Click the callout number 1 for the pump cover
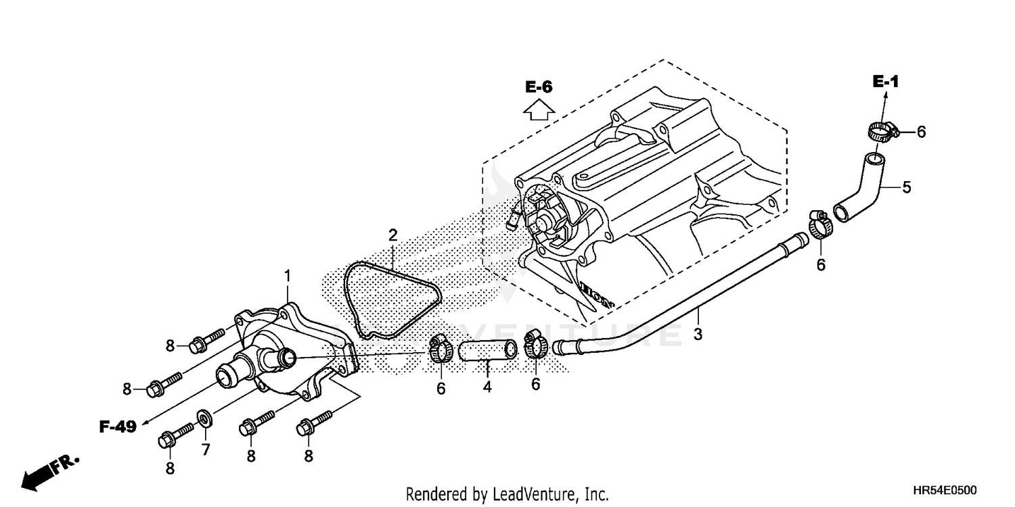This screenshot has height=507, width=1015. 288,276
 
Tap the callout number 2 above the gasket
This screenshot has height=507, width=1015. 392,236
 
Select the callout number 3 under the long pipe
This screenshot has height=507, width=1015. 698,334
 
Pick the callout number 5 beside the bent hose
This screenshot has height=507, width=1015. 906,187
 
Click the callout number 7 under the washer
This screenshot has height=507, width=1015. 206,449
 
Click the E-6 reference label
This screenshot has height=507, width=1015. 539,87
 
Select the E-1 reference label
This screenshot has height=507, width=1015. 885,82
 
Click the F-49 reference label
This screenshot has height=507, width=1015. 118,427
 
